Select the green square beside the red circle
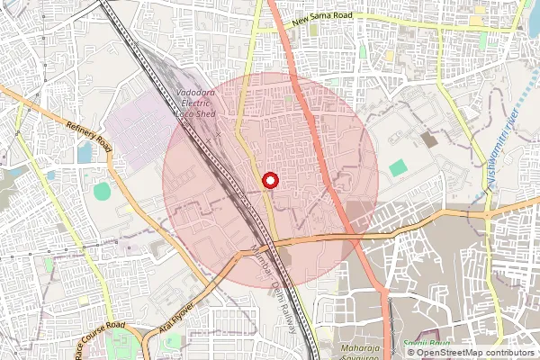point(398,167)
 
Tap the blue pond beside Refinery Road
point(85,154)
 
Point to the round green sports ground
point(102,191)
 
